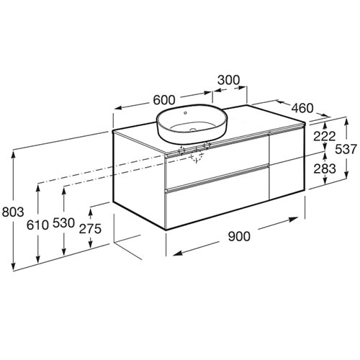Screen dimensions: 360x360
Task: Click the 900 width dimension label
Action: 239,236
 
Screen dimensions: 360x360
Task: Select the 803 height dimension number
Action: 13,212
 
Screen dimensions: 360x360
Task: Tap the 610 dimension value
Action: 37,225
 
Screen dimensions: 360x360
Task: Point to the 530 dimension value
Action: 63,223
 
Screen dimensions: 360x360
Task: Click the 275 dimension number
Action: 90,229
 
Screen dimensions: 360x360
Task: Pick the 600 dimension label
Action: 164,100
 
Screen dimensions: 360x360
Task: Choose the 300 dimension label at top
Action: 228,80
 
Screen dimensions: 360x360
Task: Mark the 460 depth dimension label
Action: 302,108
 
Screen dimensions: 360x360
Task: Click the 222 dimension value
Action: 325,137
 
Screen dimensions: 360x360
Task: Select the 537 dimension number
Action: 346,149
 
